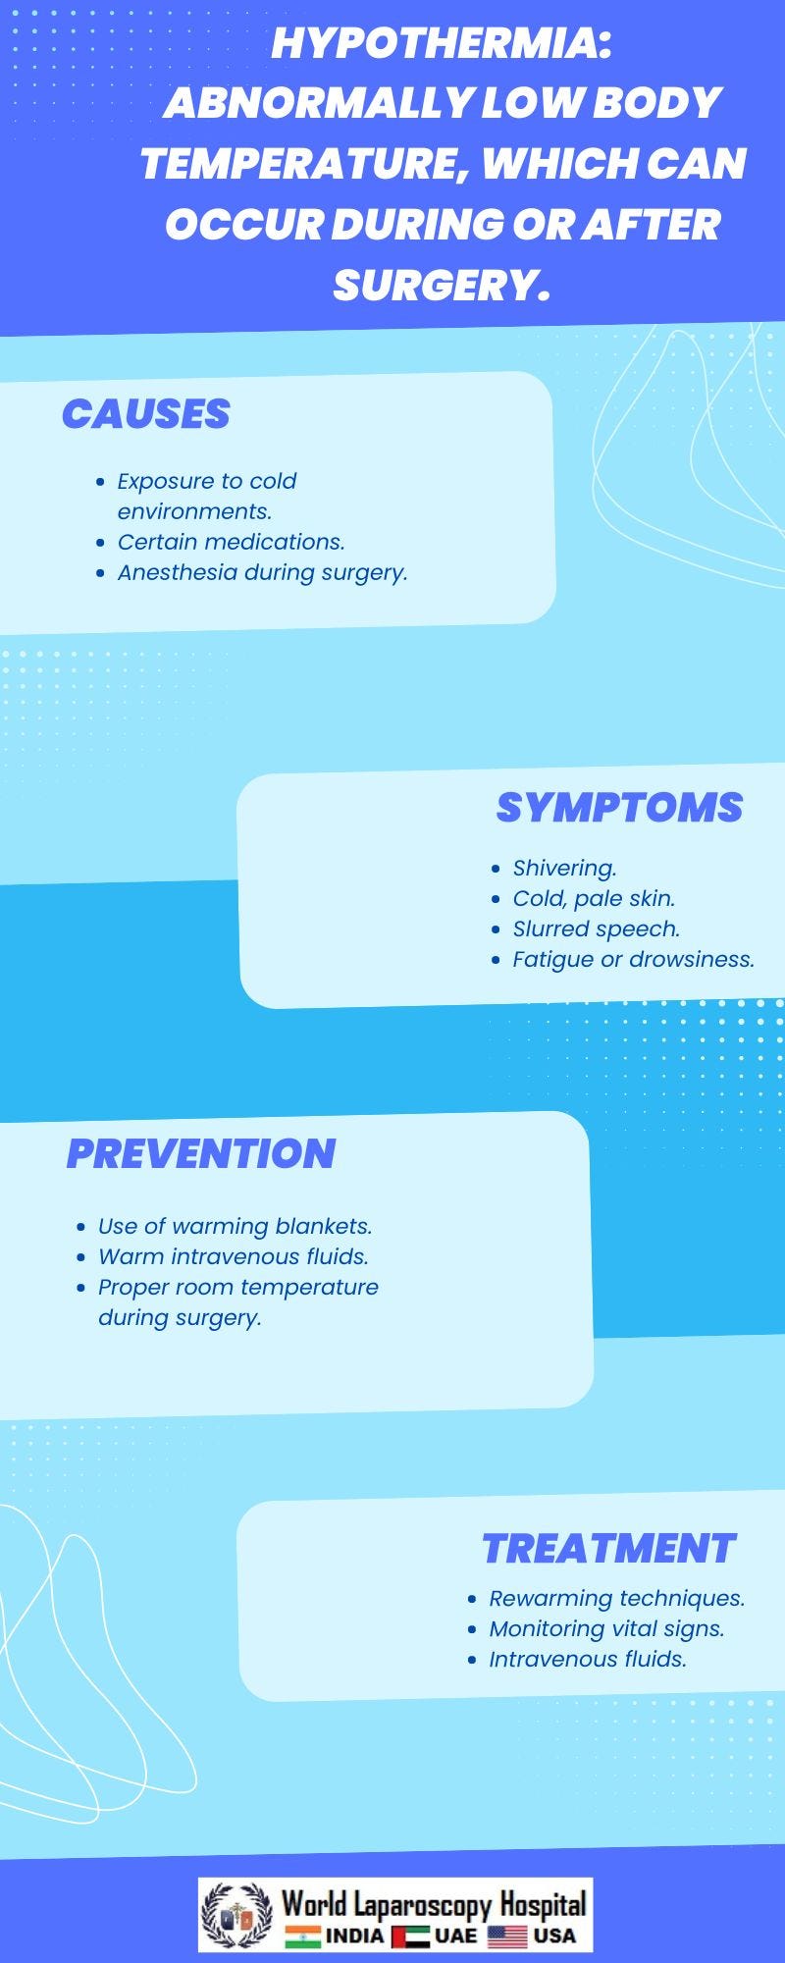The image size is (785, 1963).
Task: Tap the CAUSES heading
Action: point(146,414)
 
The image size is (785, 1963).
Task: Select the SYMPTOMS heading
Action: point(619,807)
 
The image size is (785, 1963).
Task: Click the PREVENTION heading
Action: point(201,1153)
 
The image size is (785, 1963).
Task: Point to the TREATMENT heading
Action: point(608,1548)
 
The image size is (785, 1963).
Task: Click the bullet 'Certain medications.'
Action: point(232,542)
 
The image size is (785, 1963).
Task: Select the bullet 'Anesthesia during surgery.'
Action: point(262,572)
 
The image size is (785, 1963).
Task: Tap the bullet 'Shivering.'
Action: point(564,868)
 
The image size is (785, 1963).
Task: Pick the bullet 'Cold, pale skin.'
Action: point(594,898)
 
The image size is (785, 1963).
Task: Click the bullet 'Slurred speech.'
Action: point(596,928)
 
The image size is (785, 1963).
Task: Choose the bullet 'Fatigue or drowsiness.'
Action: point(633,959)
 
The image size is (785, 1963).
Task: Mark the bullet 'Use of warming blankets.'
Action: point(235,1226)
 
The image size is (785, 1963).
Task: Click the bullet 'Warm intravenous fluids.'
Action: point(233,1256)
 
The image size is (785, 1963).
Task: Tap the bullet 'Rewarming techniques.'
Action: point(616,1598)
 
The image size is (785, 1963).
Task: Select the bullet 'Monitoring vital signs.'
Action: point(606,1628)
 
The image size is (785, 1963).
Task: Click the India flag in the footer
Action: point(302,1936)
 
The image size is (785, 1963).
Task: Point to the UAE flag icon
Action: point(410,1936)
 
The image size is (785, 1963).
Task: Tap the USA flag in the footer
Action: point(507,1936)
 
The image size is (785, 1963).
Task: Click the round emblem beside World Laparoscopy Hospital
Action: point(236,1915)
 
